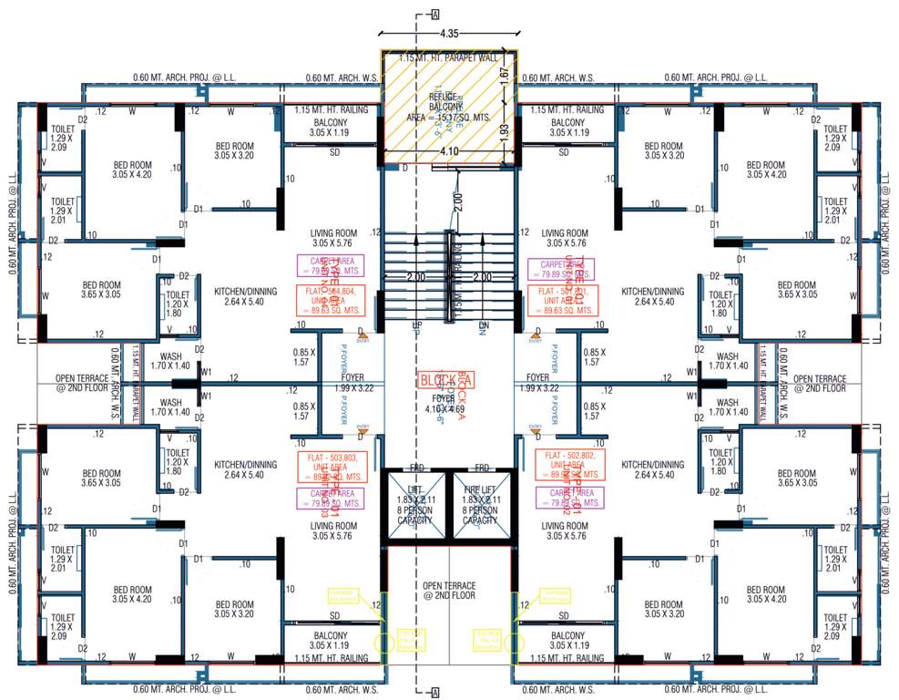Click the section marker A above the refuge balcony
tap(435, 15)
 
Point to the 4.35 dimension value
tap(448, 34)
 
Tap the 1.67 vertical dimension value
tap(504, 91)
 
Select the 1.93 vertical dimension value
tap(504, 139)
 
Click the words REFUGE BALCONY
tap(448, 100)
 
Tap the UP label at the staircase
tap(417, 325)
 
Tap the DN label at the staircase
tap(481, 325)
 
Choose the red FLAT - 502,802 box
tap(568, 465)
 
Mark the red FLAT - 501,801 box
tap(560, 300)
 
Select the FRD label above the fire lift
tap(482, 468)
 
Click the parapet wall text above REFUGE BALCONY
tap(449, 57)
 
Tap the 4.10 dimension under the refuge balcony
tap(448, 153)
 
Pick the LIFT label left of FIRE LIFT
tap(416, 490)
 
